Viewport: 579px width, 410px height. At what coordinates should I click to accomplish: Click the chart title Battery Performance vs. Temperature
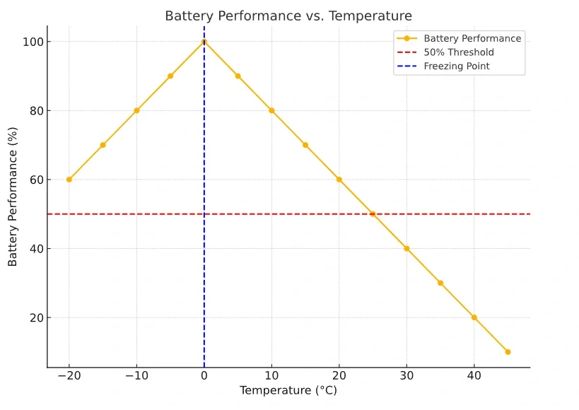[288, 16]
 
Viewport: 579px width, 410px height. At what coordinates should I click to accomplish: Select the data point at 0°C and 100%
[204, 42]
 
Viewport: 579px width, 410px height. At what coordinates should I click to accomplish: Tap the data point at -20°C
[69, 180]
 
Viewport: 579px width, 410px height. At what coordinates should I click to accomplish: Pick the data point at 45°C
[508, 352]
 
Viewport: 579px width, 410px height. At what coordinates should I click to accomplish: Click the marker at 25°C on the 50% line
[373, 214]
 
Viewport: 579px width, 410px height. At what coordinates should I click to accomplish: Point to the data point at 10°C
[271, 110]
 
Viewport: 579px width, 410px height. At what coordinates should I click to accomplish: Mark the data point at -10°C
[136, 110]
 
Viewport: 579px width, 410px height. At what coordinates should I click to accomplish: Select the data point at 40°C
[474, 317]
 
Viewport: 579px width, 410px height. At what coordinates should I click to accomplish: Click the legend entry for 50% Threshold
[459, 52]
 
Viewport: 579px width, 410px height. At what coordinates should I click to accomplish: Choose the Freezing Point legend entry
[457, 66]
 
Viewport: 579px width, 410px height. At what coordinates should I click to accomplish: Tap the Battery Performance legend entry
[472, 39]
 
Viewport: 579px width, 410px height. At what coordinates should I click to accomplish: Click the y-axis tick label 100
[32, 42]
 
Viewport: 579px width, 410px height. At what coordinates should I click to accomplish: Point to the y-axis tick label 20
[35, 317]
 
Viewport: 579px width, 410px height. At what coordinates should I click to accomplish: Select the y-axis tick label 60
[35, 180]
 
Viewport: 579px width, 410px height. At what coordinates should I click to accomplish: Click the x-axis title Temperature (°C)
[288, 391]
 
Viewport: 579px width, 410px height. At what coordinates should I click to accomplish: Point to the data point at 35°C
[440, 283]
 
